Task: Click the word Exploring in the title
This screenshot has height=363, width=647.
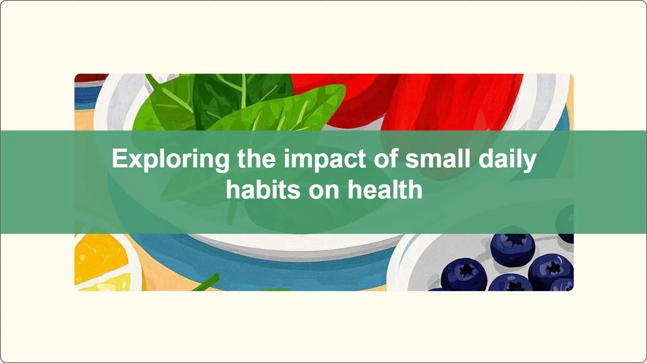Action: [170, 159]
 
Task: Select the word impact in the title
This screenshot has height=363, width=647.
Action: [325, 159]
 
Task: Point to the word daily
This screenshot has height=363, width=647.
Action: [508, 159]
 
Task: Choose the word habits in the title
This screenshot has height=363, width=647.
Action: [263, 189]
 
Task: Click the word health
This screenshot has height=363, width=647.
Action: [385, 189]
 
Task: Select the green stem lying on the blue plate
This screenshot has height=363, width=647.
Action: [206, 283]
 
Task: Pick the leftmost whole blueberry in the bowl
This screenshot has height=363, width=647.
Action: [463, 274]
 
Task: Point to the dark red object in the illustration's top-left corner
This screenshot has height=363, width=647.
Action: [91, 78]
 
